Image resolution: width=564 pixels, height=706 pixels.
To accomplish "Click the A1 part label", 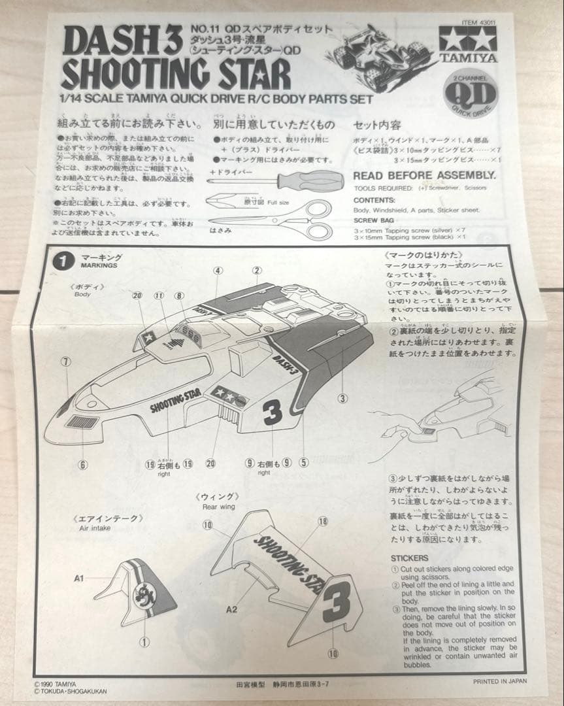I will (79, 578).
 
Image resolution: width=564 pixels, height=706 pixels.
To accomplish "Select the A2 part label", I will (231, 609).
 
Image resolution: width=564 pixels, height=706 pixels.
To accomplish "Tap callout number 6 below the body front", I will (83, 465).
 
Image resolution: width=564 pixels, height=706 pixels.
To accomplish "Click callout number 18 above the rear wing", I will (322, 521).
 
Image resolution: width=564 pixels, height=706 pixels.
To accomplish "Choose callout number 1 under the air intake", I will (144, 642).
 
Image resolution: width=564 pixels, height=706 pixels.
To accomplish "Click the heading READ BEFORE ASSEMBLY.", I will (424, 175).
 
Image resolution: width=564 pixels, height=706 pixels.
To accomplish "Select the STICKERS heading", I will (409, 558).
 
